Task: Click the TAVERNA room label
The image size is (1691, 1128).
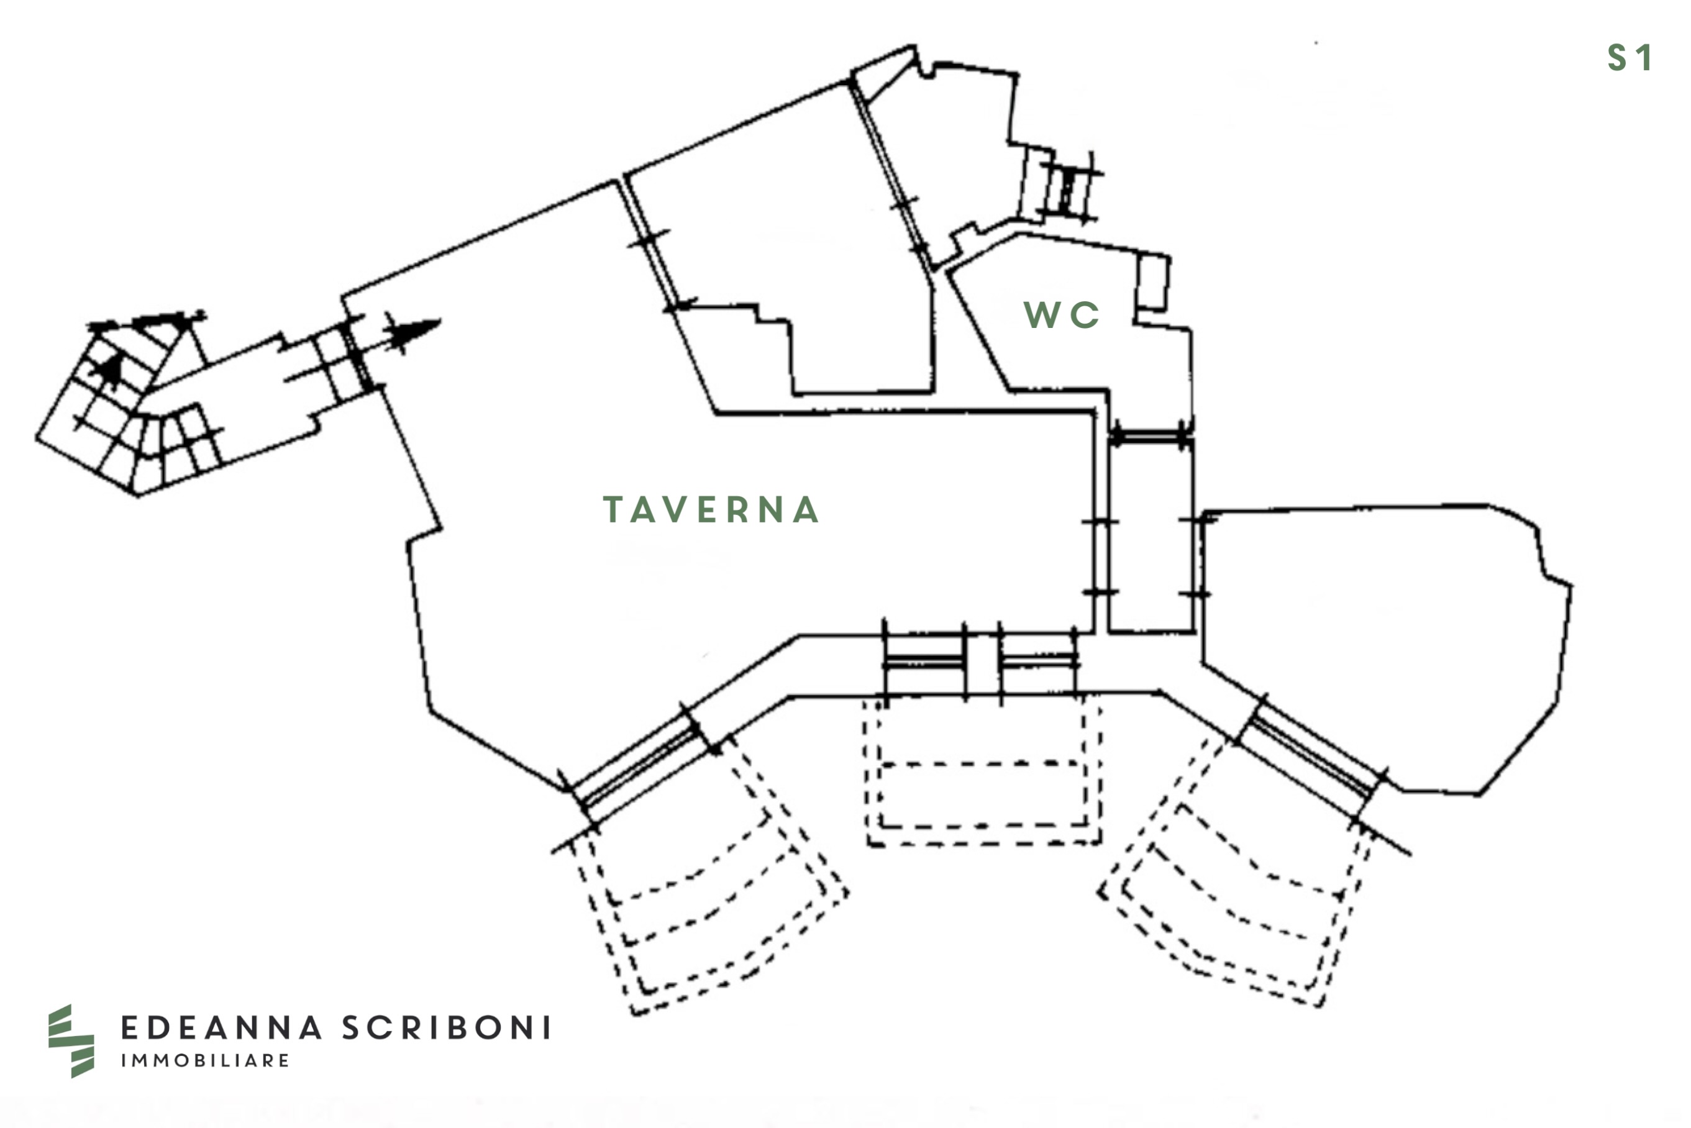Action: (711, 510)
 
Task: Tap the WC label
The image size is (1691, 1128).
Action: (1061, 315)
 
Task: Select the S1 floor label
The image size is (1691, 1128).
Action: (1629, 58)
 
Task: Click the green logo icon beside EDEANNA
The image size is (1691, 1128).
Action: (70, 1040)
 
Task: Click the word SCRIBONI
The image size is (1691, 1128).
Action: (446, 1028)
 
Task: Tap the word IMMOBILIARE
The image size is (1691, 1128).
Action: (205, 1060)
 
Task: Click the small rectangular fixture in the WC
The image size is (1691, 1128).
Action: (1152, 282)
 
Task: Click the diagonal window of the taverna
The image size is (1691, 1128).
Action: (637, 765)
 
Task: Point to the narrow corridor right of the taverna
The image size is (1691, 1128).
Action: (1150, 540)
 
